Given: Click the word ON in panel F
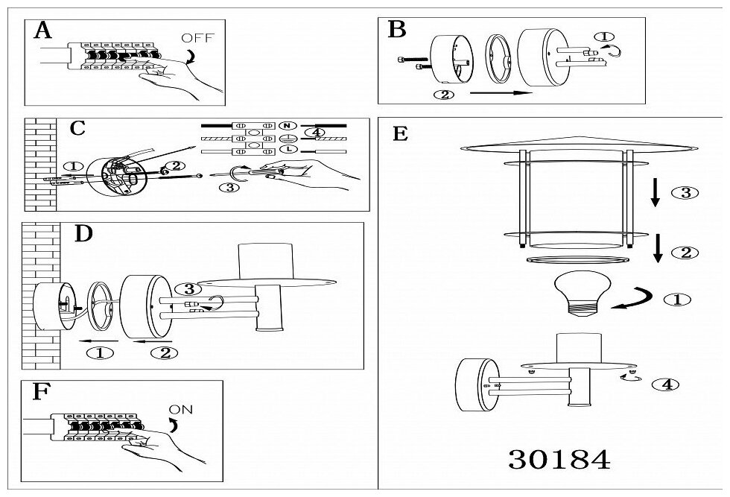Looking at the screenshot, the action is click(182, 408).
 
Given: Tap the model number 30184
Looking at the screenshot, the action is click(559, 459).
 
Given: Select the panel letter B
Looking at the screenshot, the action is click(397, 30).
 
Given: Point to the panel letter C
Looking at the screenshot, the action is click(77, 128).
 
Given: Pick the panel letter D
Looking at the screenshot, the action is click(84, 233).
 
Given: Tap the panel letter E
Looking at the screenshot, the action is click(400, 134).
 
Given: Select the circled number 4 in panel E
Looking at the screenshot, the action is click(664, 385).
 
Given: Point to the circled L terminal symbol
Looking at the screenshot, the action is click(287, 151).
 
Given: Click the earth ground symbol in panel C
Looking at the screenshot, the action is click(287, 138).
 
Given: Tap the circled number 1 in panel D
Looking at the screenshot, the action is click(101, 352).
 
